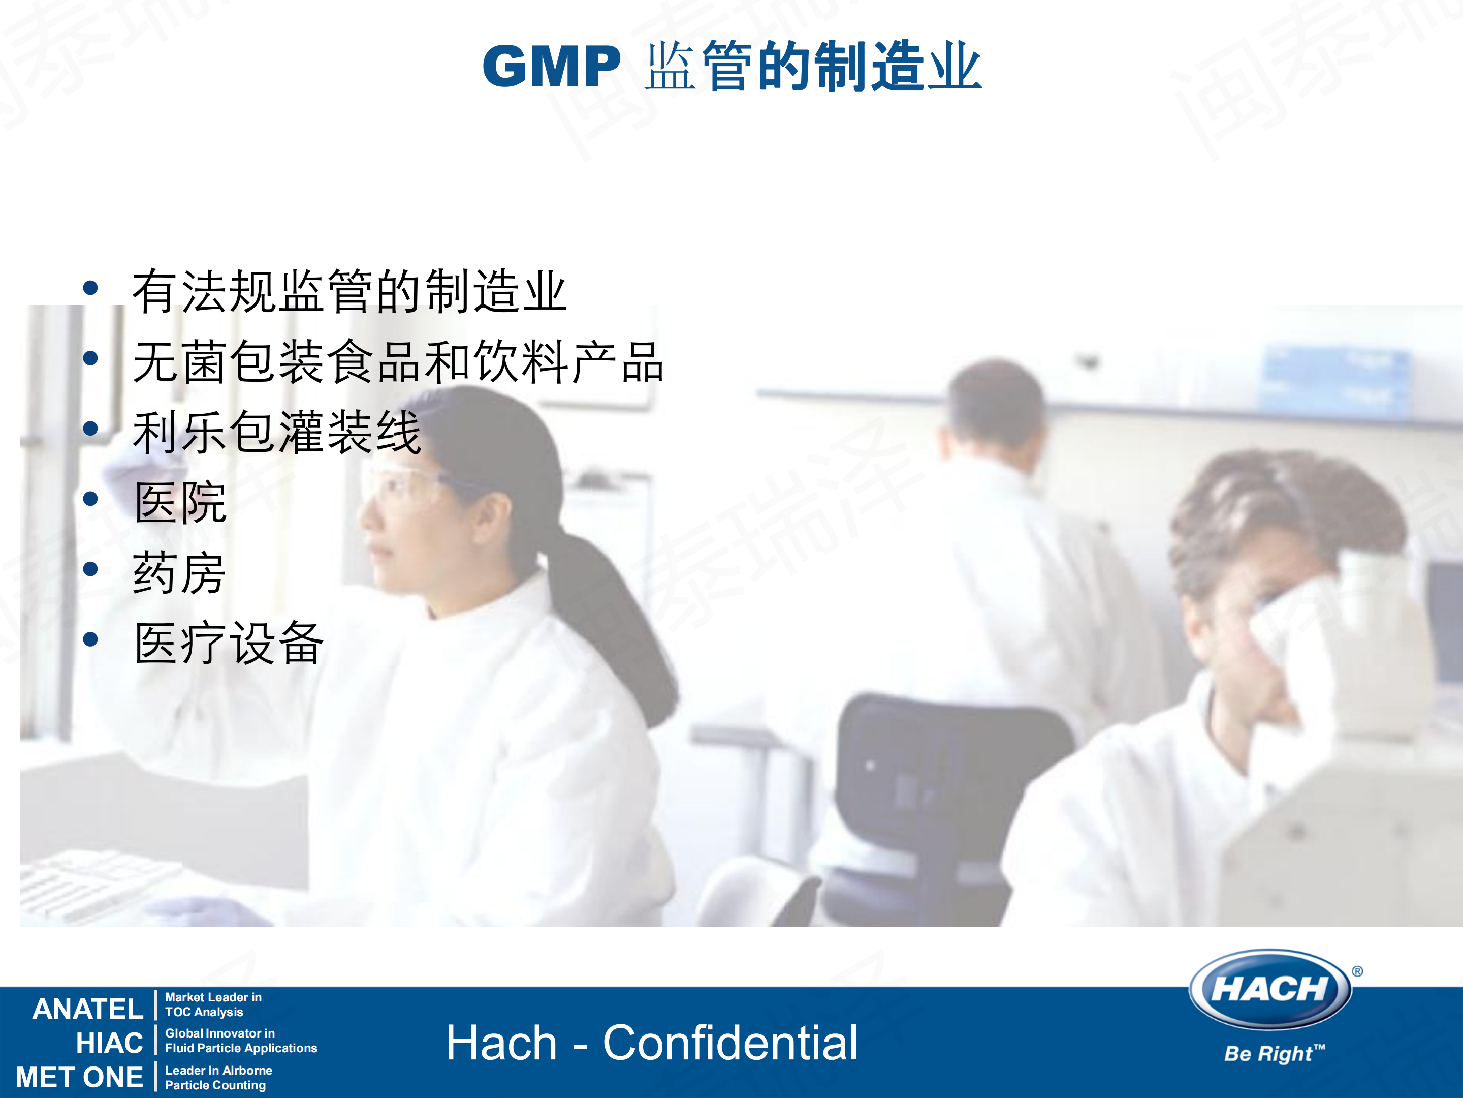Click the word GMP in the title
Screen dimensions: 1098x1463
pos(551,67)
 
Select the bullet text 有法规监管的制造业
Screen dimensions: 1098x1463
pos(348,291)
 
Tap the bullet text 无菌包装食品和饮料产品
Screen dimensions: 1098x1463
pos(397,362)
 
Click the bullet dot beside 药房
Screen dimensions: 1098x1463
pos(90,569)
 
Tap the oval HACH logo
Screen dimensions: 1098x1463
pos(1269,989)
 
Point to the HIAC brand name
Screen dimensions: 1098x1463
pos(109,1043)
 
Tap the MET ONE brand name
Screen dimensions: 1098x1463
pos(79,1077)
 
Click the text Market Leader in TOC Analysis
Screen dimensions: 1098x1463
pos(213,1004)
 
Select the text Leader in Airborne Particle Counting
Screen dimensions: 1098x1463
pos(218,1078)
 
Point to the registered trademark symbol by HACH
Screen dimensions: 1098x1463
pos(1357,971)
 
